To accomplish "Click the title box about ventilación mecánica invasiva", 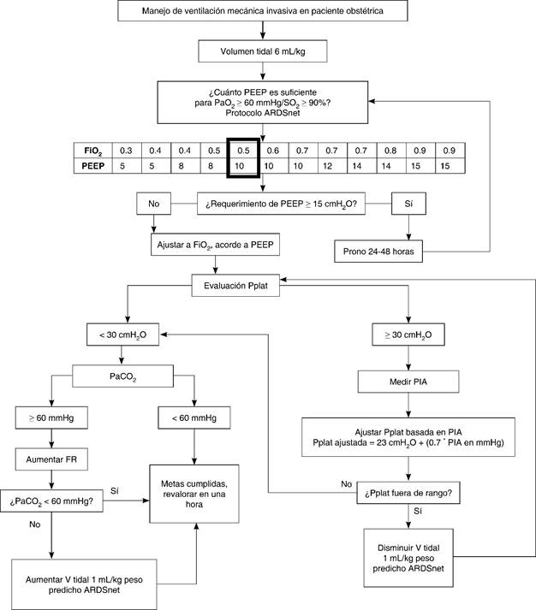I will [263, 13].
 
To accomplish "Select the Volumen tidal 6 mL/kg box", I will [263, 52].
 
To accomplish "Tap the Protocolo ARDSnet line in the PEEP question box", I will [263, 112].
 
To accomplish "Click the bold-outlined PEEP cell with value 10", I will [242, 164].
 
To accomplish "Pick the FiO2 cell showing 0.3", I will [125, 149].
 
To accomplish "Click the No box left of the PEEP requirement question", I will [153, 204].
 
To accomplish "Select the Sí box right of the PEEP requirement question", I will [408, 204].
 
